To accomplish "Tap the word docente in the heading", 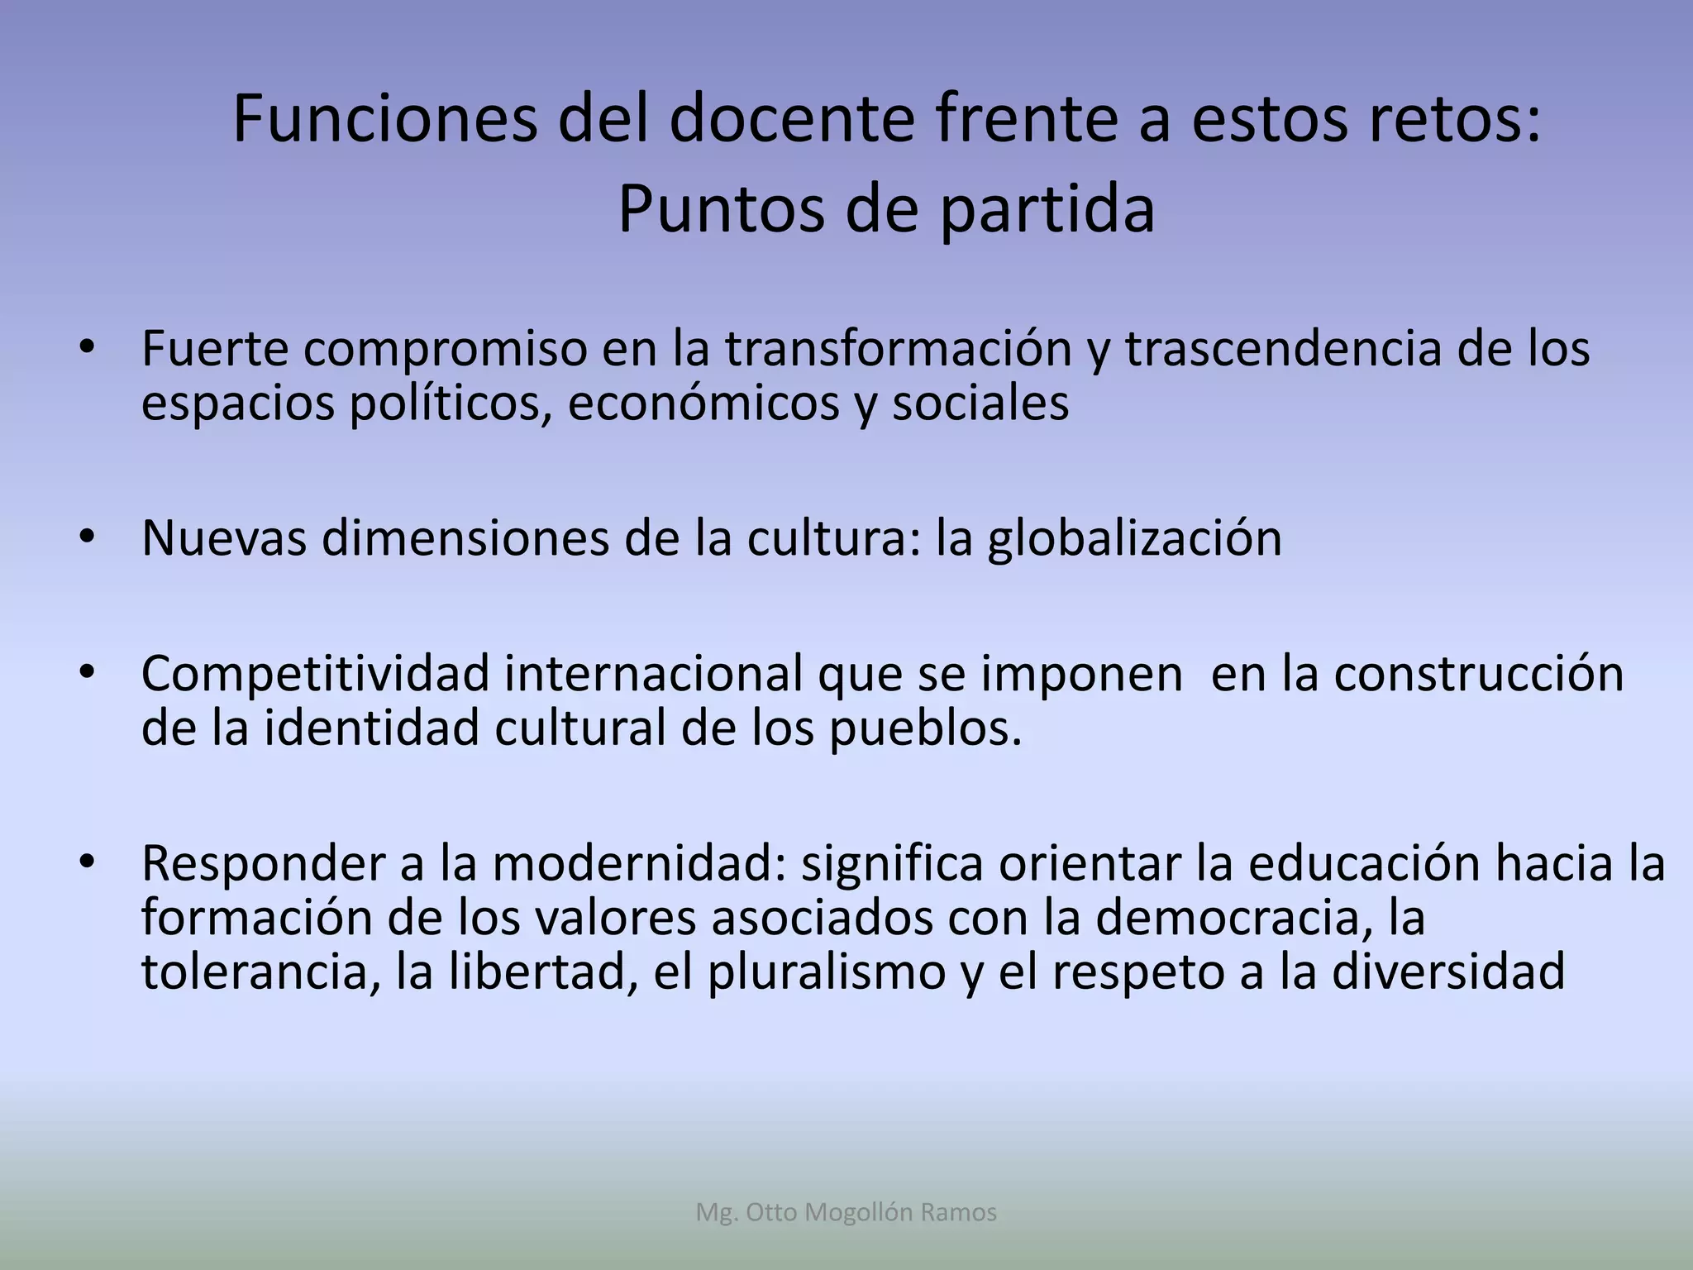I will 792,120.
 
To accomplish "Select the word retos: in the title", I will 1457,120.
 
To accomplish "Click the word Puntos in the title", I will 721,209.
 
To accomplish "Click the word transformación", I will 898,349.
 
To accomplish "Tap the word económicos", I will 703,403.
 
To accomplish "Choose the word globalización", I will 1134,538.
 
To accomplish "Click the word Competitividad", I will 316,674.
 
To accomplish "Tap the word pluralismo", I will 826,972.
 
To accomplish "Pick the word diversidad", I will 1448,972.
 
